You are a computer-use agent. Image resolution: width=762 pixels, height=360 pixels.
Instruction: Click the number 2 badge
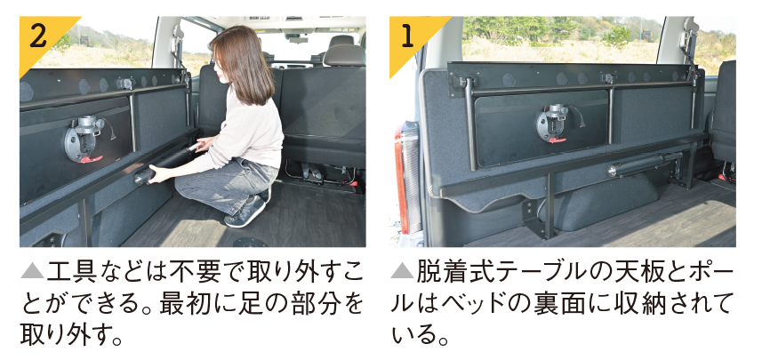pos(41,39)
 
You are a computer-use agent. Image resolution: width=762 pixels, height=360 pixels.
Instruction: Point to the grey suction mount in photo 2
pos(83,139)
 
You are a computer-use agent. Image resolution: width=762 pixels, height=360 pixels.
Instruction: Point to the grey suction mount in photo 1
pos(552,123)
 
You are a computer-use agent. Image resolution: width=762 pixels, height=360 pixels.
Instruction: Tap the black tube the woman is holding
pos(165,164)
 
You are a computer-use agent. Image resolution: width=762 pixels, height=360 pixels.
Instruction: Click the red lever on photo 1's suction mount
pos(557,140)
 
